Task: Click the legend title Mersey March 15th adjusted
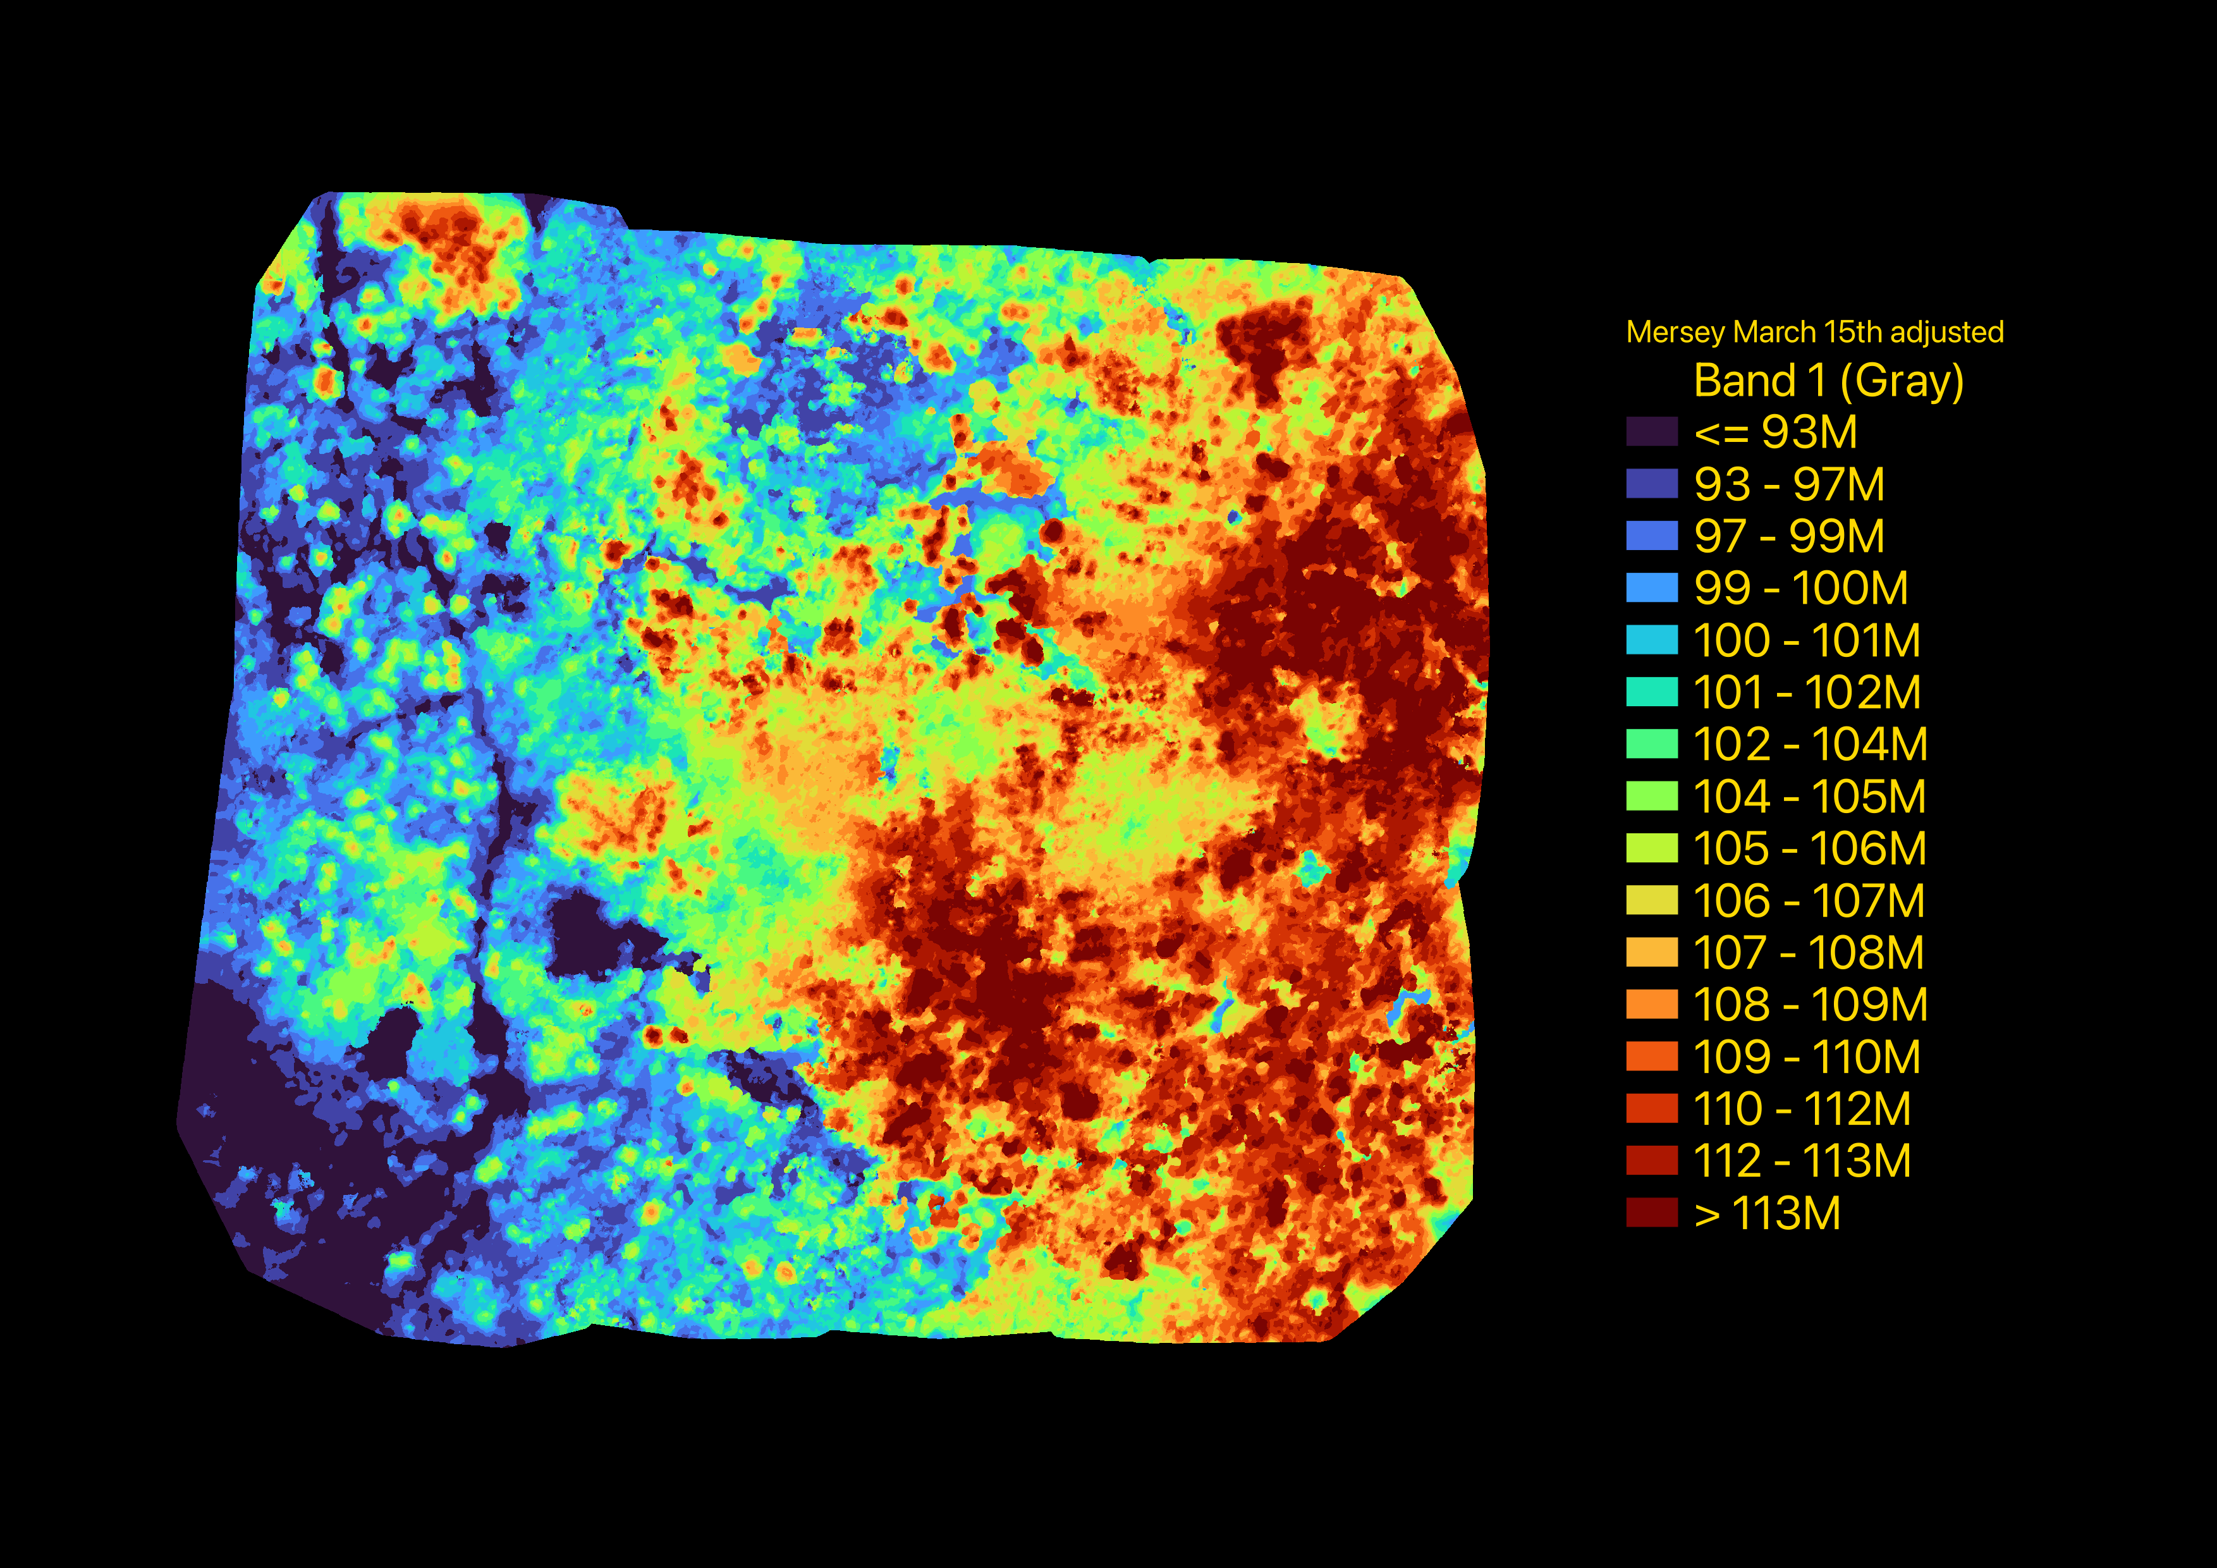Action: (1814, 332)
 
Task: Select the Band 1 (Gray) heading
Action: (1828, 381)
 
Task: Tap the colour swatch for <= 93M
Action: (1651, 432)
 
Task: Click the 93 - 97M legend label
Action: (1788, 484)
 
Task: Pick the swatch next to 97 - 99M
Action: (1651, 536)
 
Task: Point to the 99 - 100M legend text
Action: (1800, 588)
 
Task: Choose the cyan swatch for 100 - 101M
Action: (1651, 640)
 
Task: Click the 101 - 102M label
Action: (1805, 692)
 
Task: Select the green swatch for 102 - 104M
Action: (1651, 744)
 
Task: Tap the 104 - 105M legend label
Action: (1809, 797)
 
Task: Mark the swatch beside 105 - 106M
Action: (1651, 848)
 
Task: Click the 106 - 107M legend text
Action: (1809, 901)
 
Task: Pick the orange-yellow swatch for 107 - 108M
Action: (1651, 953)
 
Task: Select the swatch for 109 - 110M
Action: (1651, 1057)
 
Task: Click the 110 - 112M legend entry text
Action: (1802, 1110)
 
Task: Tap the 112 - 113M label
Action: (1802, 1161)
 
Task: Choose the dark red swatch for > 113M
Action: (1651, 1214)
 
